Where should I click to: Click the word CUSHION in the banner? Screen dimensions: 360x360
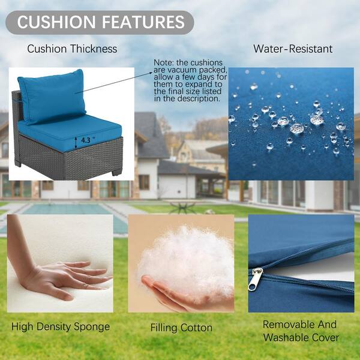click(x=56, y=22)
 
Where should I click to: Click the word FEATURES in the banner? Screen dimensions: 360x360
click(x=143, y=22)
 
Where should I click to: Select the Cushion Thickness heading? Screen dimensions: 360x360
click(x=72, y=49)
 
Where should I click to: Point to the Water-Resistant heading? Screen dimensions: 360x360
click(x=293, y=49)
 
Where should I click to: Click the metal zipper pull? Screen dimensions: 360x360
click(x=255, y=279)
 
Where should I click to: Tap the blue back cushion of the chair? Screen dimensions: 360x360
click(x=52, y=97)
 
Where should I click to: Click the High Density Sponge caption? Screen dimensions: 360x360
click(x=61, y=327)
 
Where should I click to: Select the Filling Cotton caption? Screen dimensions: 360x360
click(x=181, y=328)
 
